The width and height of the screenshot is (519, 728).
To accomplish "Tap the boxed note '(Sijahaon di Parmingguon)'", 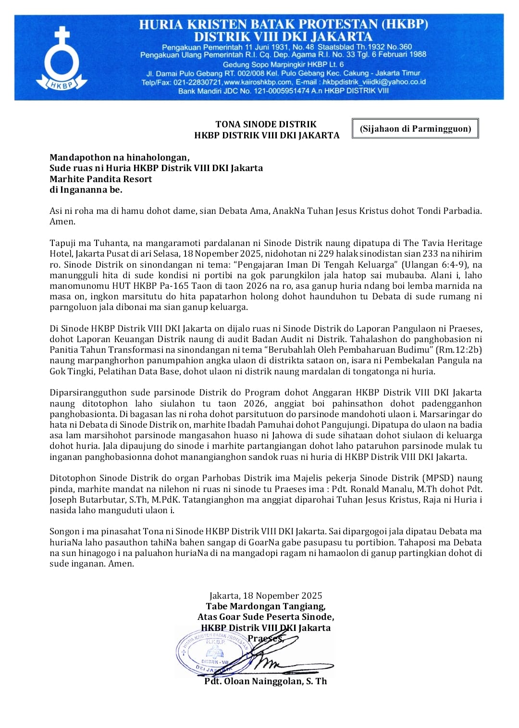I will tap(415, 129).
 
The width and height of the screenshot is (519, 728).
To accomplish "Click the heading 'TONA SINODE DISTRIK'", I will tap(266, 124).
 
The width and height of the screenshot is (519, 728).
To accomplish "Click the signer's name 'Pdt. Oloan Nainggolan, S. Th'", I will tap(265, 681).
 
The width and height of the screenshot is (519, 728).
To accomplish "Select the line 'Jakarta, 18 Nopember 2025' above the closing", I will tap(266, 596).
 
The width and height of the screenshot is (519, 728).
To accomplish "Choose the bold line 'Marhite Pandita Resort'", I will tap(100, 179).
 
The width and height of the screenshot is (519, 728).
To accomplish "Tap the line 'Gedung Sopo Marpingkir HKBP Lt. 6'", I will tap(283, 64).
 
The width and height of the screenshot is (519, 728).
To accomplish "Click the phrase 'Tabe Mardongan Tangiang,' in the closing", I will tap(266, 606).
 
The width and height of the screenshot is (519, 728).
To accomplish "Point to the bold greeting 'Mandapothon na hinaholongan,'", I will tap(119, 158).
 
